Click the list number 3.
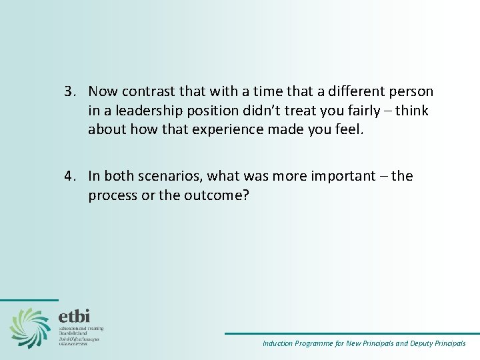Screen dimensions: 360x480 (x=69, y=91)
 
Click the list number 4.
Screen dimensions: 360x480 (x=69, y=176)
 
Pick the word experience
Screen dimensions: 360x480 (x=220, y=129)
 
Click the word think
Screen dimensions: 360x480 (x=412, y=110)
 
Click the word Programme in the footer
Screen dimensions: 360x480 (x=319, y=344)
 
